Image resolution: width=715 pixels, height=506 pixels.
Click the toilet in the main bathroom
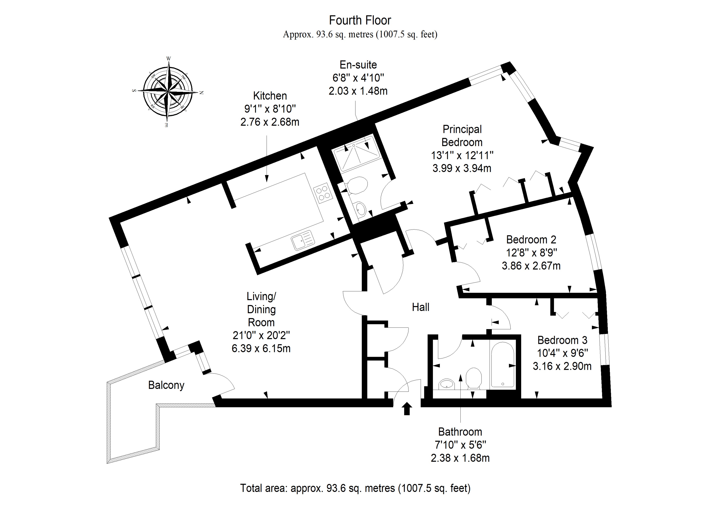474,378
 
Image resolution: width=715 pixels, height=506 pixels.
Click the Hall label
420,307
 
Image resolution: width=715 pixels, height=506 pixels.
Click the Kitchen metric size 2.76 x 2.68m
270,122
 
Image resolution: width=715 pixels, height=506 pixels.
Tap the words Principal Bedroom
462,136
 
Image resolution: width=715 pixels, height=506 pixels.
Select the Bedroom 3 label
562,340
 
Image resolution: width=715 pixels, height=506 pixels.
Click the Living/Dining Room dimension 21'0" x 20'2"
261,335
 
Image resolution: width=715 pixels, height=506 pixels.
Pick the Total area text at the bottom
355,488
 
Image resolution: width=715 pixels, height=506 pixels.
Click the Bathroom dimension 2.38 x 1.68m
460,458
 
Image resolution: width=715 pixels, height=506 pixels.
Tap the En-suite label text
358,65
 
